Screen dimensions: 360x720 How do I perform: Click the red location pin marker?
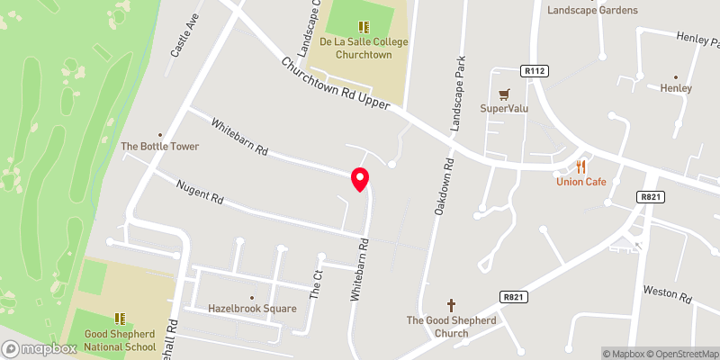(359, 179)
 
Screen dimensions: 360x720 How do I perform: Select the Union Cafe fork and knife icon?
(581, 166)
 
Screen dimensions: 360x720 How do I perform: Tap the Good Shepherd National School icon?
(119, 319)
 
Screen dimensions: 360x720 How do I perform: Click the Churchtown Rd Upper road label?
(335, 86)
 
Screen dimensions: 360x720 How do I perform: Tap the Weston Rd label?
(666, 294)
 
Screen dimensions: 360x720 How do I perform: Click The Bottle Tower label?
(159, 146)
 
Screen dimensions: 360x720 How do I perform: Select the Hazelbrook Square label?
(252, 308)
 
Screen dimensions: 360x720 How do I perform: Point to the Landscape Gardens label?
(592, 11)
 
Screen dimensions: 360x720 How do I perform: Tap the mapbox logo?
(40, 348)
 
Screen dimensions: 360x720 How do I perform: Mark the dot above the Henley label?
(675, 76)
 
